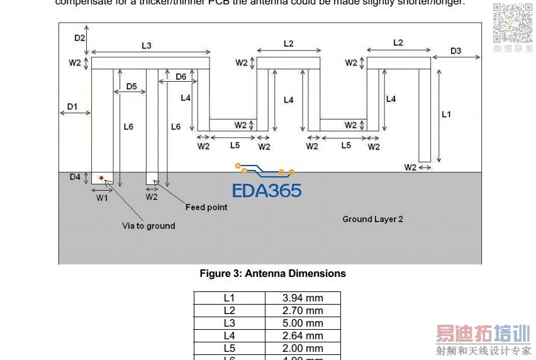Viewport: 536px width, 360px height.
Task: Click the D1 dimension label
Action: [x=72, y=107]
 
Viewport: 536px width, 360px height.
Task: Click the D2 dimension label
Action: [x=80, y=38]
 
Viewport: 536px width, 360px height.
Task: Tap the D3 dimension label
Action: [x=456, y=51]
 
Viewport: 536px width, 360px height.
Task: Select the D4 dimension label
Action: [x=75, y=177]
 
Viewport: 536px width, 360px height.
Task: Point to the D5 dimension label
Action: [x=131, y=86]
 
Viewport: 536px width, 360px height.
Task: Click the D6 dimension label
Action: [x=181, y=77]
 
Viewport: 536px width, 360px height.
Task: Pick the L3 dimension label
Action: [x=147, y=45]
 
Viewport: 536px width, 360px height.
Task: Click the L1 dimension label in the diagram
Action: [x=446, y=115]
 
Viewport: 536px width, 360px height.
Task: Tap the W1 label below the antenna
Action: [x=102, y=198]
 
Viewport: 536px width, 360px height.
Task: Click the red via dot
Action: [x=101, y=178]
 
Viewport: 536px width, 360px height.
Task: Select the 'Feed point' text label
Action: [x=206, y=207]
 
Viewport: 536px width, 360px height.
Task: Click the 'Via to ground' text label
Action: [x=148, y=225]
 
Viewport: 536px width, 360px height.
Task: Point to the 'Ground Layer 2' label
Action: [x=372, y=219]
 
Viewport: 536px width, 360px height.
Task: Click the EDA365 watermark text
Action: [x=267, y=191]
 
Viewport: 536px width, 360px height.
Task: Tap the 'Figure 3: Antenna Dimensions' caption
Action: [x=272, y=274]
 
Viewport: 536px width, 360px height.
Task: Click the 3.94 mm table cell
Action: [x=303, y=298]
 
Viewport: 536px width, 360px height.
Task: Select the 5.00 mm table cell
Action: [x=303, y=323]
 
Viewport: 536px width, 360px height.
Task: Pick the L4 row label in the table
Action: [x=229, y=336]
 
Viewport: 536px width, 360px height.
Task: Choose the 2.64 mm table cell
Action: [x=303, y=336]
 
